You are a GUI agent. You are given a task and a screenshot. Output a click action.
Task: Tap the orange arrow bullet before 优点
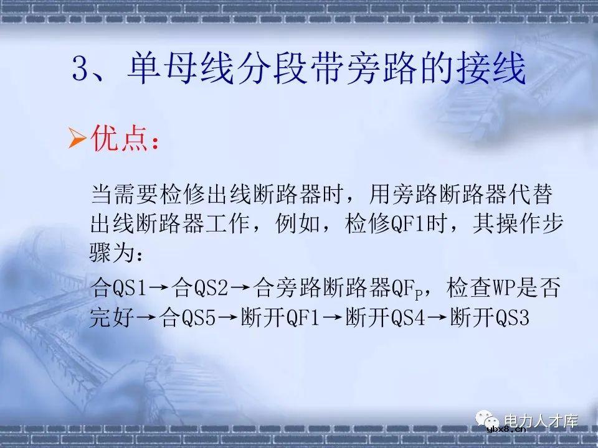pos(77,139)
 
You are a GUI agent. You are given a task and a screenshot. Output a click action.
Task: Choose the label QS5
pos(199,319)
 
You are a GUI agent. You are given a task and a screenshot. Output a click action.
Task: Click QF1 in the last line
pos(303,319)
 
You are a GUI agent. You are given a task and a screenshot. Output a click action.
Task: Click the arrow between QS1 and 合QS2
pos(159,288)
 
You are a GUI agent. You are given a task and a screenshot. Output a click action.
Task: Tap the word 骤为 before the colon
pos(112,254)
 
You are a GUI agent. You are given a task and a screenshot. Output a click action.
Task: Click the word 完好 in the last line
pos(112,319)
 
